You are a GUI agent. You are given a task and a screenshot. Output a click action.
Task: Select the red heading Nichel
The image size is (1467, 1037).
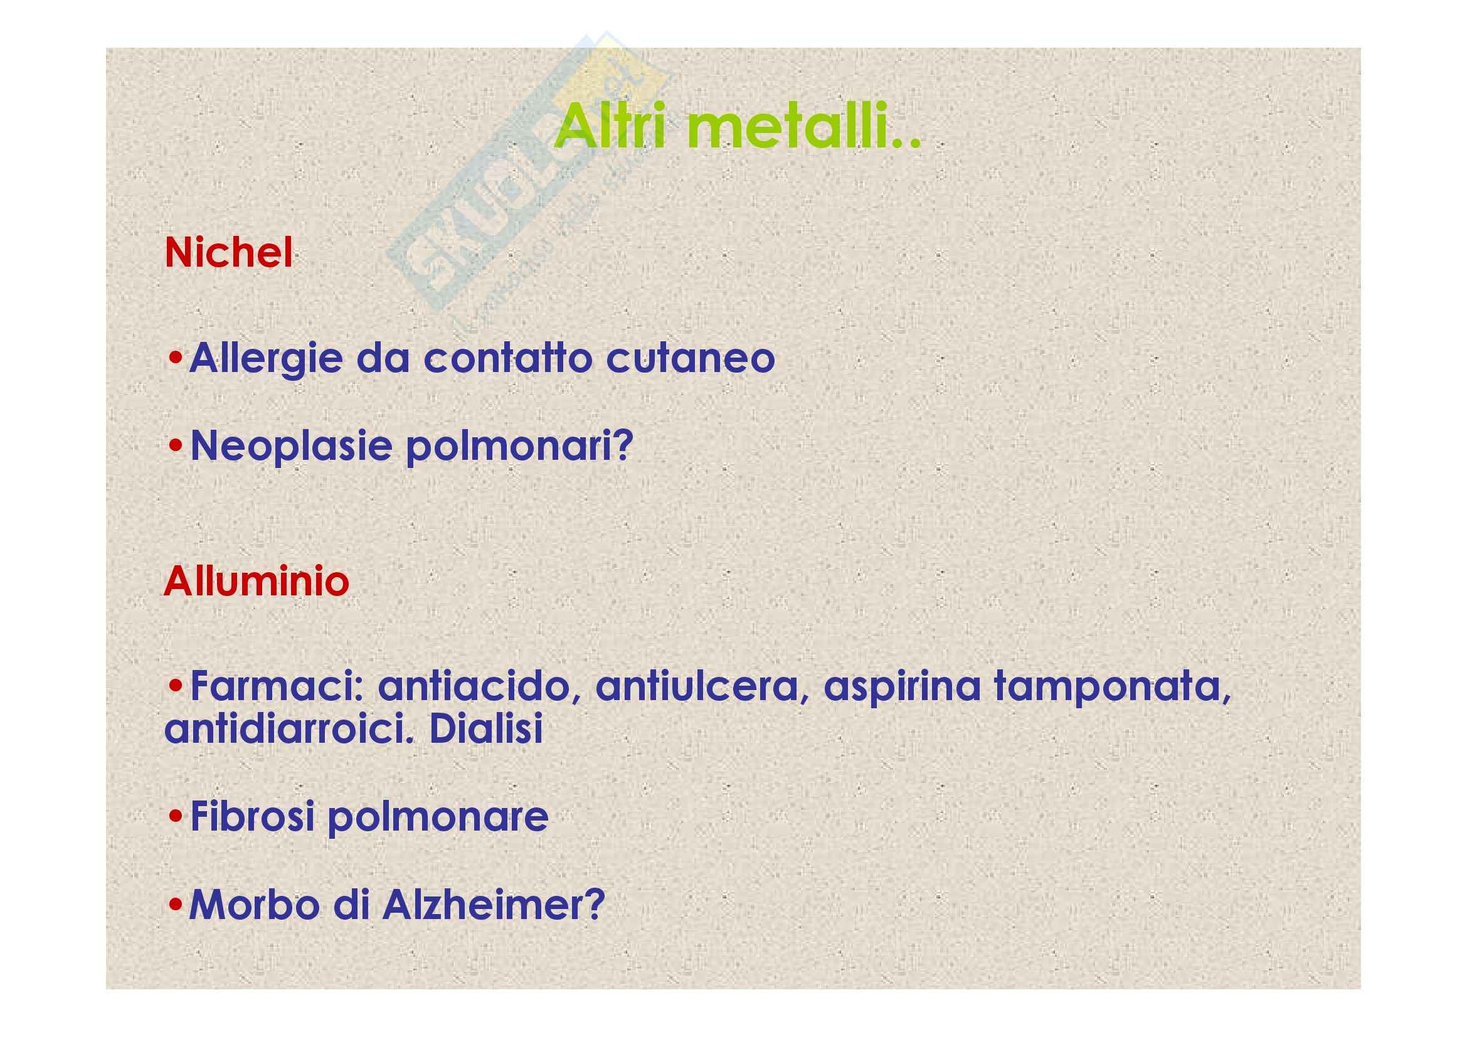tap(229, 252)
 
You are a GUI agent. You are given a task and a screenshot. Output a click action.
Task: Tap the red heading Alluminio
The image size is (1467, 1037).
tap(257, 582)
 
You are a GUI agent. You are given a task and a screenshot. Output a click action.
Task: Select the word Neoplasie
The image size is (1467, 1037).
tap(292, 446)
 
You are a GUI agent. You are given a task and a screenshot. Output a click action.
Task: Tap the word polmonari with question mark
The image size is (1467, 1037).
tap(519, 446)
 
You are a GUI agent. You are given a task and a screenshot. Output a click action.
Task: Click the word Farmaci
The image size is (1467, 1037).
tap(277, 686)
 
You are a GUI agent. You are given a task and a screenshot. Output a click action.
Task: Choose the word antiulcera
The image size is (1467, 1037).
tap(702, 688)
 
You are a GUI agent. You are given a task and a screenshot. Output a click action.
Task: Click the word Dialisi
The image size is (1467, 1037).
tap(486, 728)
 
